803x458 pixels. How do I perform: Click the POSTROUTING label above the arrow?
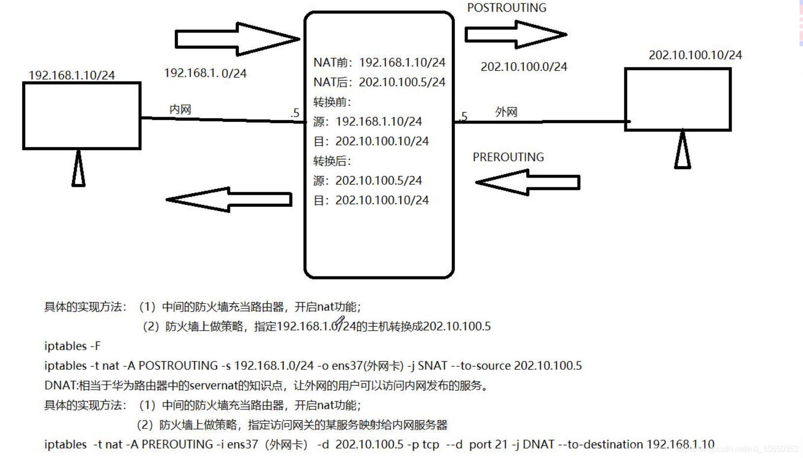pyautogui.click(x=507, y=8)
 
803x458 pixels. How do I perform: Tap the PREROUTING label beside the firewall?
pyautogui.click(x=508, y=157)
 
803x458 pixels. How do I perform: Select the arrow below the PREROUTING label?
pyautogui.click(x=528, y=183)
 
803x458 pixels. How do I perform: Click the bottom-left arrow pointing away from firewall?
pyautogui.click(x=229, y=199)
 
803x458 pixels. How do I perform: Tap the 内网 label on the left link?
pyautogui.click(x=180, y=110)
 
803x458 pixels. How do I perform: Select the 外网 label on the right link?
pyautogui.click(x=506, y=112)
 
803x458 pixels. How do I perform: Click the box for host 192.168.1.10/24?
pyautogui.click(x=82, y=116)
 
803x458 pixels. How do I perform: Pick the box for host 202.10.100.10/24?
pyautogui.click(x=677, y=99)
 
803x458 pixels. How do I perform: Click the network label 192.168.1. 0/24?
pyautogui.click(x=205, y=73)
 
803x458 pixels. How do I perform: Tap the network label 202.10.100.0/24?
pyautogui.click(x=524, y=67)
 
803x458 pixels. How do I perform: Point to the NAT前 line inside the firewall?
pyautogui.click(x=379, y=62)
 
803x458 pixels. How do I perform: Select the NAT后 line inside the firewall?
pyautogui.click(x=379, y=82)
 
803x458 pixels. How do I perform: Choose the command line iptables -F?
pyautogui.click(x=72, y=346)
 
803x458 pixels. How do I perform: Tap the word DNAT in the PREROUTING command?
pyautogui.click(x=538, y=445)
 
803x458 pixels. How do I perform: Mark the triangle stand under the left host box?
pyautogui.click(x=78, y=169)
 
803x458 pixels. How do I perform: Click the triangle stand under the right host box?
pyautogui.click(x=682, y=151)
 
